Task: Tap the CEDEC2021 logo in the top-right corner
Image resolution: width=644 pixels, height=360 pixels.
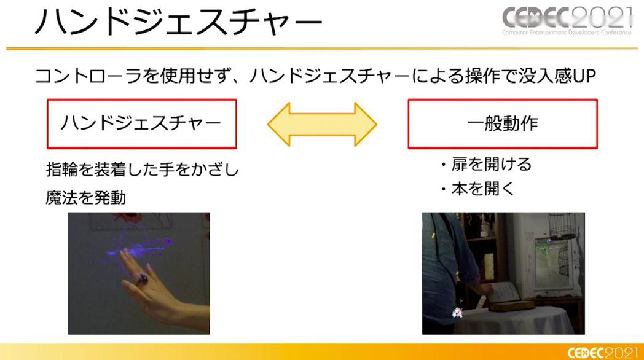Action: [567, 20]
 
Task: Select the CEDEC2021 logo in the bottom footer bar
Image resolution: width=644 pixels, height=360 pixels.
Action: [602, 353]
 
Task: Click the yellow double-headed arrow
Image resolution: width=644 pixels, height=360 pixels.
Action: [322, 124]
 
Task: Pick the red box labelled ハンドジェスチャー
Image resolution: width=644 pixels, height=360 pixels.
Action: [142, 123]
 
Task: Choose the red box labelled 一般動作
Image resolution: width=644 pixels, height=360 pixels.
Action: [502, 123]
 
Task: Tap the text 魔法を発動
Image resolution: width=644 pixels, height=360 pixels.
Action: [86, 198]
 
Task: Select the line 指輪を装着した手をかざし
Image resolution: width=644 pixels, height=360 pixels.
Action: [142, 170]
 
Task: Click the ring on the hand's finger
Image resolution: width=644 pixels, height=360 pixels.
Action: [142, 279]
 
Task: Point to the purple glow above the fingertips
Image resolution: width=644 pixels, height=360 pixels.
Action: [139, 247]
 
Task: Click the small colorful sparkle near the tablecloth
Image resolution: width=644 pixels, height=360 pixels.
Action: [457, 313]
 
